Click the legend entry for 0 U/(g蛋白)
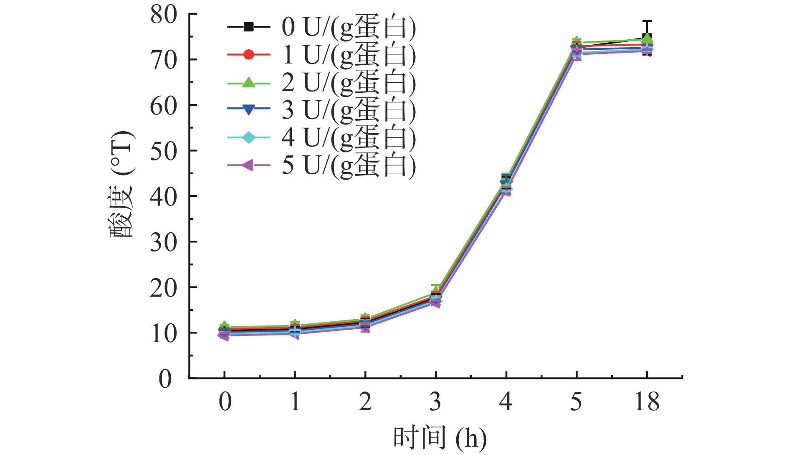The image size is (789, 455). pyautogui.click(x=349, y=27)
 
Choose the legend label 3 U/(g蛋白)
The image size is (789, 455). pyautogui.click(x=349, y=110)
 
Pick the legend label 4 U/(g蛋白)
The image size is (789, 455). pyautogui.click(x=349, y=137)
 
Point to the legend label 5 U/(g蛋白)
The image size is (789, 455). pyautogui.click(x=349, y=165)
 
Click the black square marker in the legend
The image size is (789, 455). pyautogui.click(x=248, y=27)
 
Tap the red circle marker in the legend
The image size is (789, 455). pyautogui.click(x=248, y=55)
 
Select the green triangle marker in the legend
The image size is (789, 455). pyautogui.click(x=248, y=82)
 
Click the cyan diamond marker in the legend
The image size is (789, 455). pyautogui.click(x=248, y=137)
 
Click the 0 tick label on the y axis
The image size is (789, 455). pyautogui.click(x=166, y=379)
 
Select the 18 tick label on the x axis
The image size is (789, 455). pyautogui.click(x=647, y=402)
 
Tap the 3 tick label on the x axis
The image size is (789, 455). pyautogui.click(x=435, y=402)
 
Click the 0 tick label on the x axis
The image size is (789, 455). pyautogui.click(x=225, y=402)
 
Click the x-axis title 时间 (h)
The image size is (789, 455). pyautogui.click(x=440, y=438)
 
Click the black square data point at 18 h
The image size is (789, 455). pyautogui.click(x=647, y=37)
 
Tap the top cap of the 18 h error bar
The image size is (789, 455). pyautogui.click(x=647, y=20)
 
